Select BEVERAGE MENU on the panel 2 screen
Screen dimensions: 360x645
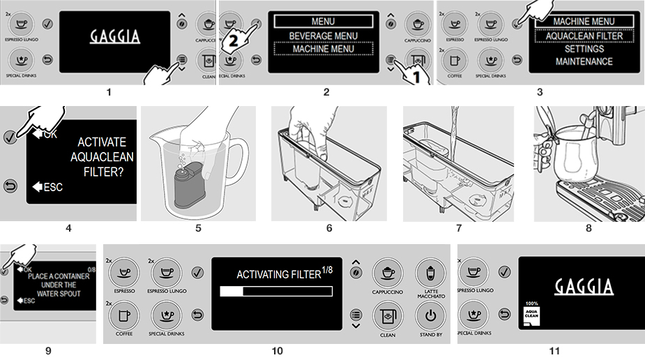click(x=323, y=36)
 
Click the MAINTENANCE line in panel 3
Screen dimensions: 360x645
click(x=584, y=61)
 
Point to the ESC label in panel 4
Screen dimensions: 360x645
click(x=52, y=187)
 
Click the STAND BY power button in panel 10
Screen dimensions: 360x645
click(x=430, y=315)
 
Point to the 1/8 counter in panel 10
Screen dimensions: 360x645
click(x=328, y=271)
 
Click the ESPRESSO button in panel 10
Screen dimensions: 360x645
click(x=123, y=272)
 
